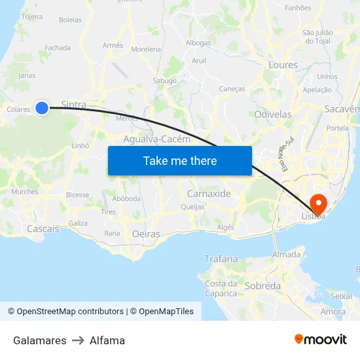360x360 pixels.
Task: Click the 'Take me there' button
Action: [180, 160]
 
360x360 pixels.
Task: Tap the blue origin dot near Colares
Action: [42, 108]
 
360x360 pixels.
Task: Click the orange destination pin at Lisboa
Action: [320, 204]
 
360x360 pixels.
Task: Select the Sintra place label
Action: [73, 105]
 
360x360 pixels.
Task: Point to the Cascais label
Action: [43, 228]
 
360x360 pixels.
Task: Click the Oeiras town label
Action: [146, 234]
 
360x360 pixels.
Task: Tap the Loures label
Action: [283, 65]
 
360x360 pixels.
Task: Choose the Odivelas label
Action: [272, 114]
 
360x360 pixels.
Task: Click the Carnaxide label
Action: [209, 194]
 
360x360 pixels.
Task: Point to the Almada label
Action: [286, 255]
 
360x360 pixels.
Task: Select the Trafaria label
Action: [221, 259]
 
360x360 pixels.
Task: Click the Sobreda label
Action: [262, 286]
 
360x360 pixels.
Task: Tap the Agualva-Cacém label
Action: [157, 139]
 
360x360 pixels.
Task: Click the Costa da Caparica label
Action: [221, 289]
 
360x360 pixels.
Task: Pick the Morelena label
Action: [146, 49]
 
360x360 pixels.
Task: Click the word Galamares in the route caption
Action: [39, 340]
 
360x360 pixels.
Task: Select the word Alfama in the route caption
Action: [107, 340]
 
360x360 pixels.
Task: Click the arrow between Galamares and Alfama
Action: [78, 340]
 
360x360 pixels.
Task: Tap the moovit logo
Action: [321, 339]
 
